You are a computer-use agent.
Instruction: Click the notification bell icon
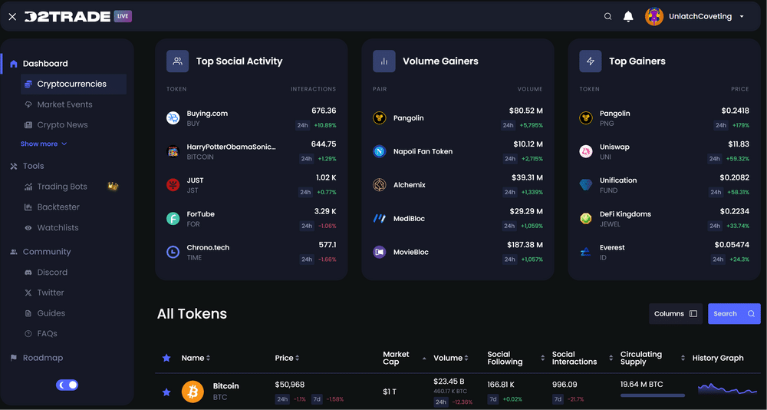[628, 16]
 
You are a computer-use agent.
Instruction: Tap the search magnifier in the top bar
[608, 16]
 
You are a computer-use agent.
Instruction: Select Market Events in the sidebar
[64, 104]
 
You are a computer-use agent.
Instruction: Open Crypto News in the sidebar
[62, 125]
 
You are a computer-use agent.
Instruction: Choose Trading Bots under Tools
[62, 187]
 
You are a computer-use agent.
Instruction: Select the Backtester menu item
[58, 207]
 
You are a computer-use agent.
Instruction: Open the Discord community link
[52, 273]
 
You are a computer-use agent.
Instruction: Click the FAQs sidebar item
[47, 334]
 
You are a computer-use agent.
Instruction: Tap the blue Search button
[734, 313]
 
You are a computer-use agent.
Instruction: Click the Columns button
[675, 313]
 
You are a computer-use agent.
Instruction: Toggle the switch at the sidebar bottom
[67, 385]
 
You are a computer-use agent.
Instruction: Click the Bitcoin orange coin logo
[193, 392]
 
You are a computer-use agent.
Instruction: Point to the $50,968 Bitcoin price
[290, 385]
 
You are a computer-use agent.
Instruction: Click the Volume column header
[448, 358]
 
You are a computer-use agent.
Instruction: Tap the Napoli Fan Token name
[423, 151]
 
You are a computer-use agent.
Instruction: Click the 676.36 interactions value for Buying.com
[324, 111]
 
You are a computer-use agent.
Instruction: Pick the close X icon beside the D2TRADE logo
[12, 16]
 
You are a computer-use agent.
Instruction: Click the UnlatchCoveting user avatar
[654, 16]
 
